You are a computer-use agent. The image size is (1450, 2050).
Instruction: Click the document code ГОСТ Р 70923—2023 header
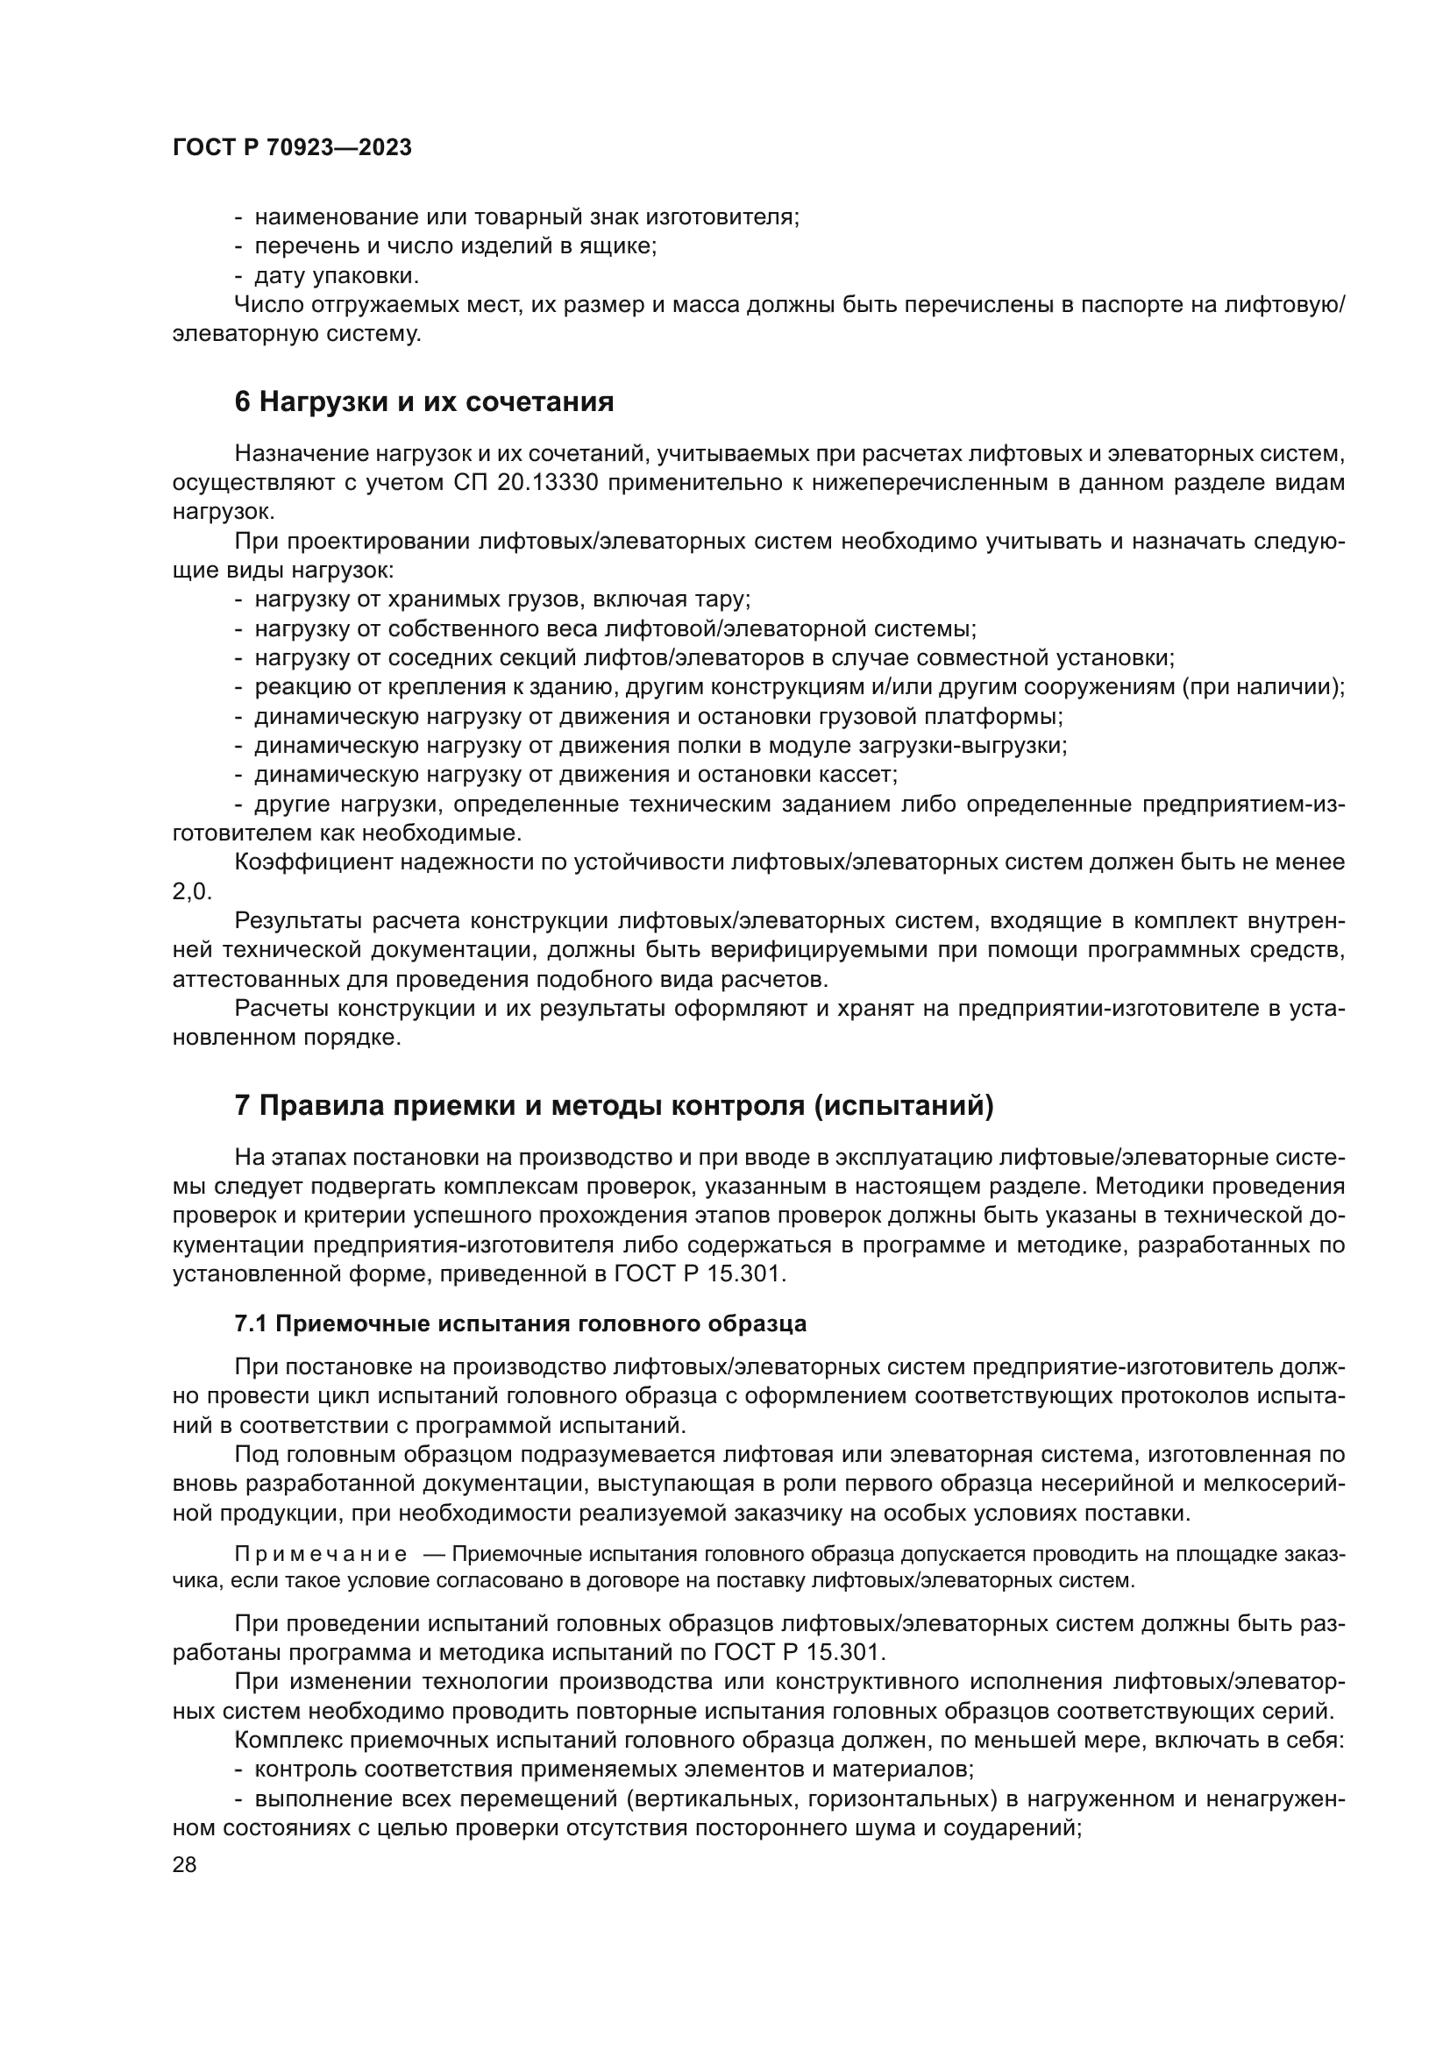tap(292, 148)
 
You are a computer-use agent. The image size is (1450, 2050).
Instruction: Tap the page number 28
tap(184, 1864)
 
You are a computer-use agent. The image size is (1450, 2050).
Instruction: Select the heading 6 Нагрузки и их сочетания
tap(424, 402)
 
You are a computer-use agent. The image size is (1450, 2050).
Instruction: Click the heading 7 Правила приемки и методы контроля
tap(614, 1106)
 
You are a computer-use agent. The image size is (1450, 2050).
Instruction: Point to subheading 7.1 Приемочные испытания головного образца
tap(520, 1324)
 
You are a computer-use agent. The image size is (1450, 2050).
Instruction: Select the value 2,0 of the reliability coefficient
tap(191, 892)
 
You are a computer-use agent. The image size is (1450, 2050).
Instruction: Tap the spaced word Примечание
tap(321, 1555)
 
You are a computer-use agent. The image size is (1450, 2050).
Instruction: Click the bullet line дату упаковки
tap(337, 275)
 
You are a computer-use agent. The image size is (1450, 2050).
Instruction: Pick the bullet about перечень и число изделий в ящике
tap(455, 246)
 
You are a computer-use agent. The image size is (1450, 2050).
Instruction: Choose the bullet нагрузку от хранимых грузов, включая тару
tap(501, 600)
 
